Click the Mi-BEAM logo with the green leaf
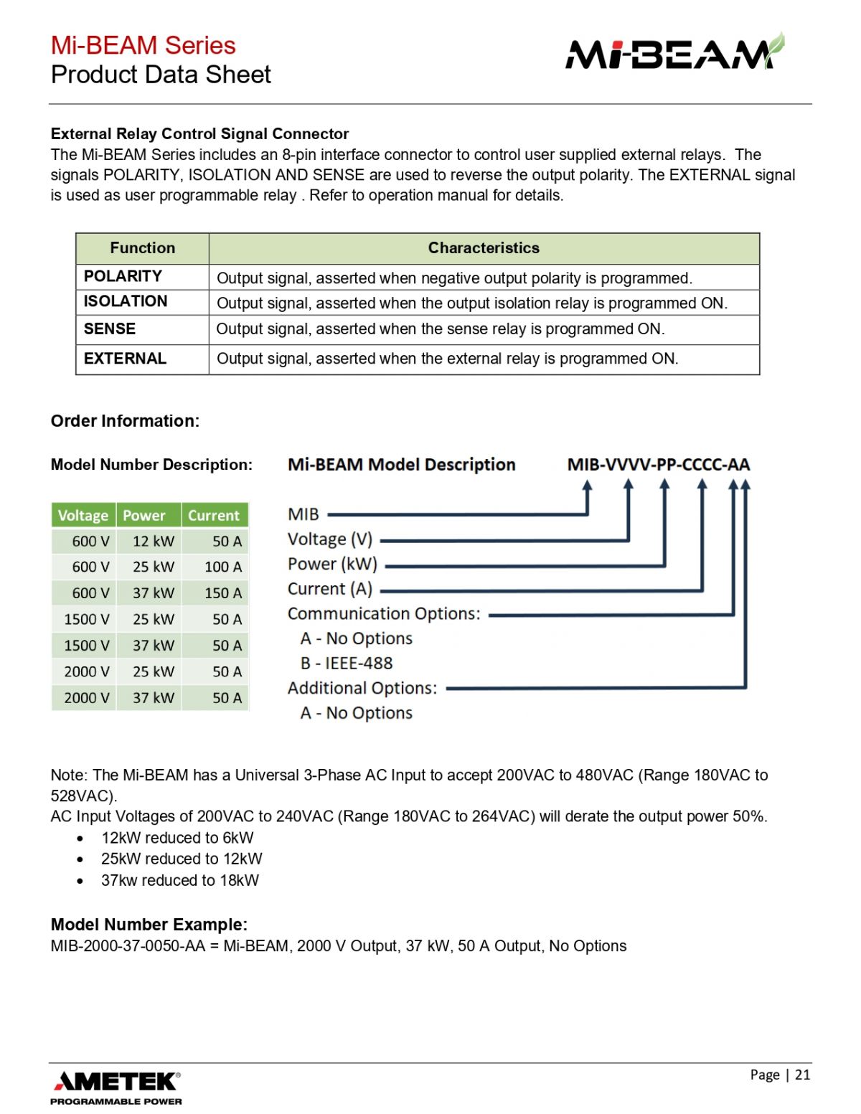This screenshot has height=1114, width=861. (675, 51)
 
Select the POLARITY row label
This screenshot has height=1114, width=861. (123, 276)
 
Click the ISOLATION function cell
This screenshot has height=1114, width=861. (126, 301)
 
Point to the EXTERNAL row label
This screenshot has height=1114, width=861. (125, 359)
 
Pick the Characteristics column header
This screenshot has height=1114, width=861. (484, 248)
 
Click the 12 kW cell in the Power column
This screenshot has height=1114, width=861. (154, 541)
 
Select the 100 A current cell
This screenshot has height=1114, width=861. (223, 567)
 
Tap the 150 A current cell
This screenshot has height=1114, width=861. (223, 593)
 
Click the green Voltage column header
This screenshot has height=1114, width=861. (83, 515)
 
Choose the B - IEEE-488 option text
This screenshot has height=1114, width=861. (347, 664)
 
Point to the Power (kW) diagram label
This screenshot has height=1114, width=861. (332, 564)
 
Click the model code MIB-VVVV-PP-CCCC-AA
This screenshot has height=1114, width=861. (659, 465)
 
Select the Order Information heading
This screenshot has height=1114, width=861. (125, 421)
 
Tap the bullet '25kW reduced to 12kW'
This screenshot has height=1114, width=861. (182, 859)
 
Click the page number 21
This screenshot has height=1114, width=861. (803, 1074)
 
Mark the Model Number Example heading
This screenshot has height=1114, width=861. (149, 925)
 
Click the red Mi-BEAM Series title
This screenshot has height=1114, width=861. (143, 45)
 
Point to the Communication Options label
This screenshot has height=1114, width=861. (384, 613)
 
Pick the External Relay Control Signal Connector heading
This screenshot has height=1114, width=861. (199, 134)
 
